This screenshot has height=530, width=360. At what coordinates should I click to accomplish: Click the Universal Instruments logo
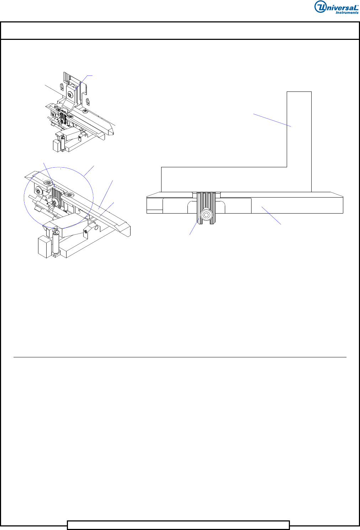pyautogui.click(x=337, y=7)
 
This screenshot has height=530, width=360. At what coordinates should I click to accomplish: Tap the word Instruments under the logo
pyautogui.click(x=347, y=12)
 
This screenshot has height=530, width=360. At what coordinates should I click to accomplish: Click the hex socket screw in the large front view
pyautogui.click(x=206, y=215)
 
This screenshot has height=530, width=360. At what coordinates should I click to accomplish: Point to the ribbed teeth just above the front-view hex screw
pyautogui.click(x=206, y=200)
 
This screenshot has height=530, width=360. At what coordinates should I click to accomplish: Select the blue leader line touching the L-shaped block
pyautogui.click(x=272, y=120)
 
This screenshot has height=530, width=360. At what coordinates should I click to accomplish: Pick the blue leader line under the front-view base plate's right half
pyautogui.click(x=271, y=215)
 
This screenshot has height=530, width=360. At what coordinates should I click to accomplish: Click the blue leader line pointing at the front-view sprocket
pyautogui.click(x=194, y=226)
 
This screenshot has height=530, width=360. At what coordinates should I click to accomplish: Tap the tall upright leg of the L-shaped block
pyautogui.click(x=299, y=142)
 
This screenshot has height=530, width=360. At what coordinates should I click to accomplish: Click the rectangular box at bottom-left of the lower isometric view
pyautogui.click(x=44, y=246)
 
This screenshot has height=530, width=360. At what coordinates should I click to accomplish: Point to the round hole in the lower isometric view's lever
pyautogui.click(x=96, y=228)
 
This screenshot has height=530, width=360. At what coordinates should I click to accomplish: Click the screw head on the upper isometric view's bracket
pyautogui.click(x=70, y=95)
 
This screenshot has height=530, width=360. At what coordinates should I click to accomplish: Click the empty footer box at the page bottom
pyautogui.click(x=178, y=525)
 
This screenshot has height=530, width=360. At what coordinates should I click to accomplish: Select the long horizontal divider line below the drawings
pyautogui.click(x=180, y=357)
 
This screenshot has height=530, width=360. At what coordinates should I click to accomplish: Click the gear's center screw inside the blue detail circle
pyautogui.click(x=55, y=202)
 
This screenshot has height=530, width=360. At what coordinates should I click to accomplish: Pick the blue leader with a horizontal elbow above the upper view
pyautogui.click(x=83, y=83)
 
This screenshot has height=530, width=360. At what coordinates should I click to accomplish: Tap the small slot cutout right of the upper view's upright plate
pyautogui.click(x=88, y=102)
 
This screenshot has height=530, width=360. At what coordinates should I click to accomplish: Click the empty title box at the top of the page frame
pyautogui.click(x=180, y=31)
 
